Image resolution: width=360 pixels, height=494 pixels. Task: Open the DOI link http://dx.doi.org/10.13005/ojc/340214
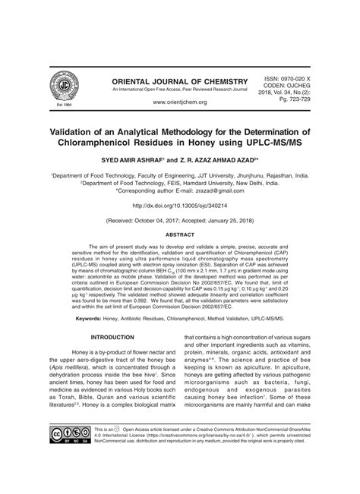[x=179, y=206]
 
